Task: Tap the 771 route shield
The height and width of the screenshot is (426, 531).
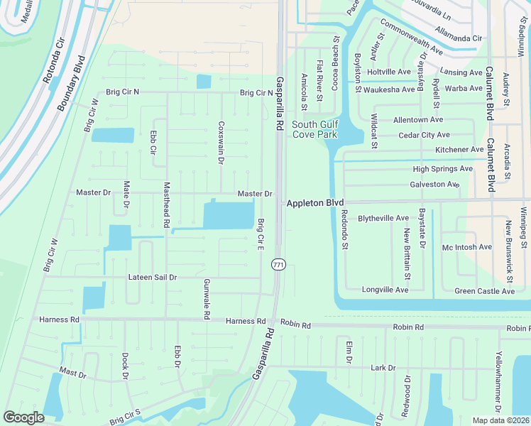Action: (x=278, y=264)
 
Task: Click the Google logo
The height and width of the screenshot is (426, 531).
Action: (x=24, y=417)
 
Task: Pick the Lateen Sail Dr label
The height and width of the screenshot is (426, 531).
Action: (x=153, y=277)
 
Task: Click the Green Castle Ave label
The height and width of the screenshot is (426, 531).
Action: (x=484, y=291)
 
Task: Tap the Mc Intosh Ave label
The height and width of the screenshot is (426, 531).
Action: (x=466, y=247)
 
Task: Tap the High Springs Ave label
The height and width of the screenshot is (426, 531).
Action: (x=442, y=169)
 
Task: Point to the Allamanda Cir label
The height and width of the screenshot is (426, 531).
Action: (x=458, y=37)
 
